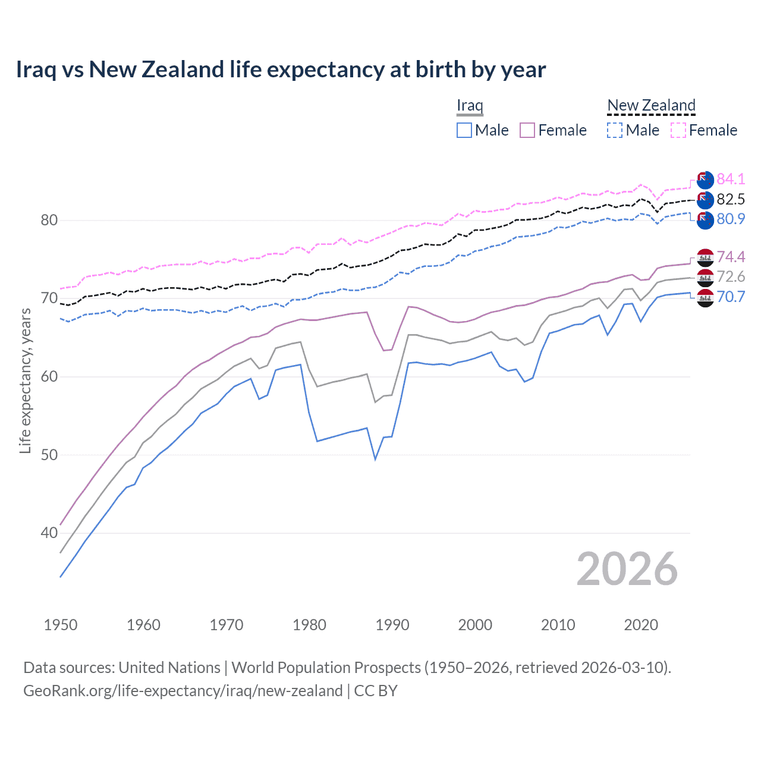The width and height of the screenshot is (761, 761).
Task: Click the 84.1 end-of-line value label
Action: (x=731, y=179)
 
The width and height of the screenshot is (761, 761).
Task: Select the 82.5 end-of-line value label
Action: (x=731, y=199)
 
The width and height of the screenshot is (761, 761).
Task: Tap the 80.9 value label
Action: (x=731, y=219)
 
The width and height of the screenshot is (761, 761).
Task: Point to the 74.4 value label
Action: (x=731, y=257)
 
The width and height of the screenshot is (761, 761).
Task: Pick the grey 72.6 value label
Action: (x=731, y=276)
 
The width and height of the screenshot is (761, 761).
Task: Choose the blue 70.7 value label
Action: (x=731, y=297)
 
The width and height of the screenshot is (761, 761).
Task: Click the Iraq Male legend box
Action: (x=464, y=130)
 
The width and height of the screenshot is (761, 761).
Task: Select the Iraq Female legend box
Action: (x=527, y=130)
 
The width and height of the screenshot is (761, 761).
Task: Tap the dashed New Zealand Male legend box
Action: (x=615, y=130)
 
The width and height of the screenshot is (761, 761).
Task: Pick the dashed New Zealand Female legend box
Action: (x=678, y=130)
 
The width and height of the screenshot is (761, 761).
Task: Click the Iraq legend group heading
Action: (x=470, y=106)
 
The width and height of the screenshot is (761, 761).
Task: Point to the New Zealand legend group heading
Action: (x=651, y=106)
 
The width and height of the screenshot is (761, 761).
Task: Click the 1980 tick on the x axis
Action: (x=310, y=625)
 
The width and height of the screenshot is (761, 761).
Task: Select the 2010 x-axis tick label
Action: (x=558, y=625)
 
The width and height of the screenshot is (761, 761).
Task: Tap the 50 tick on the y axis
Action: (x=49, y=455)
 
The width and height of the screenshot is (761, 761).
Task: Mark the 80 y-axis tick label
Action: (x=49, y=221)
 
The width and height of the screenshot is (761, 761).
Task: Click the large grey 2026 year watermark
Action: (x=627, y=570)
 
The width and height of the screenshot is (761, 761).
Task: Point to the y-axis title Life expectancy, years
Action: (x=25, y=380)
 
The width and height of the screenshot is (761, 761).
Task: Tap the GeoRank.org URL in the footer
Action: (x=183, y=691)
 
